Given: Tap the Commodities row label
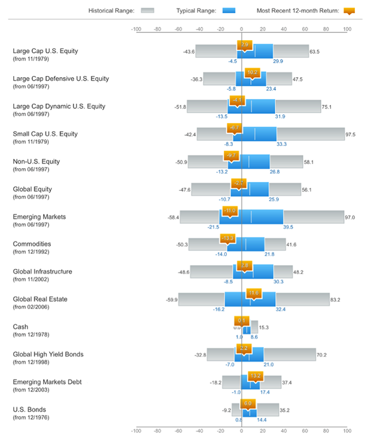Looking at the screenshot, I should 32,244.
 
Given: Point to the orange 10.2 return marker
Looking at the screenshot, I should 252,72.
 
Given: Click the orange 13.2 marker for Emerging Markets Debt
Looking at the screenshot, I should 255,376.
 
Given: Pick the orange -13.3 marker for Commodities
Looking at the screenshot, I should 227,238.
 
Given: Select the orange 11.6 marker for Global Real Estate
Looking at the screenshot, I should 253,293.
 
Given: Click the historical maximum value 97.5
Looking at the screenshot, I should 351,135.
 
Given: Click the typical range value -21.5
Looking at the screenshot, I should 214,227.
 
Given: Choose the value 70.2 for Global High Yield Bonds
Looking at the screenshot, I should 321,355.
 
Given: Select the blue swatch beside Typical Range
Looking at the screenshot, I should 229,10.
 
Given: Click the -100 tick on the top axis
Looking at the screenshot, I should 136,28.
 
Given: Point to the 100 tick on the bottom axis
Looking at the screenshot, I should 346,430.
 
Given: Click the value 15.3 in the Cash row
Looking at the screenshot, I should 264,327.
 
